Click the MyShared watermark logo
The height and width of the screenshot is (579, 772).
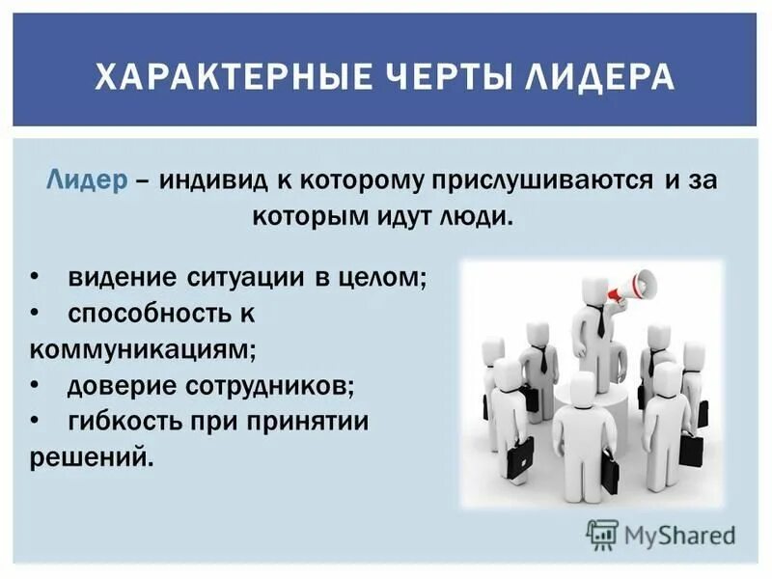coord(661,534)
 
